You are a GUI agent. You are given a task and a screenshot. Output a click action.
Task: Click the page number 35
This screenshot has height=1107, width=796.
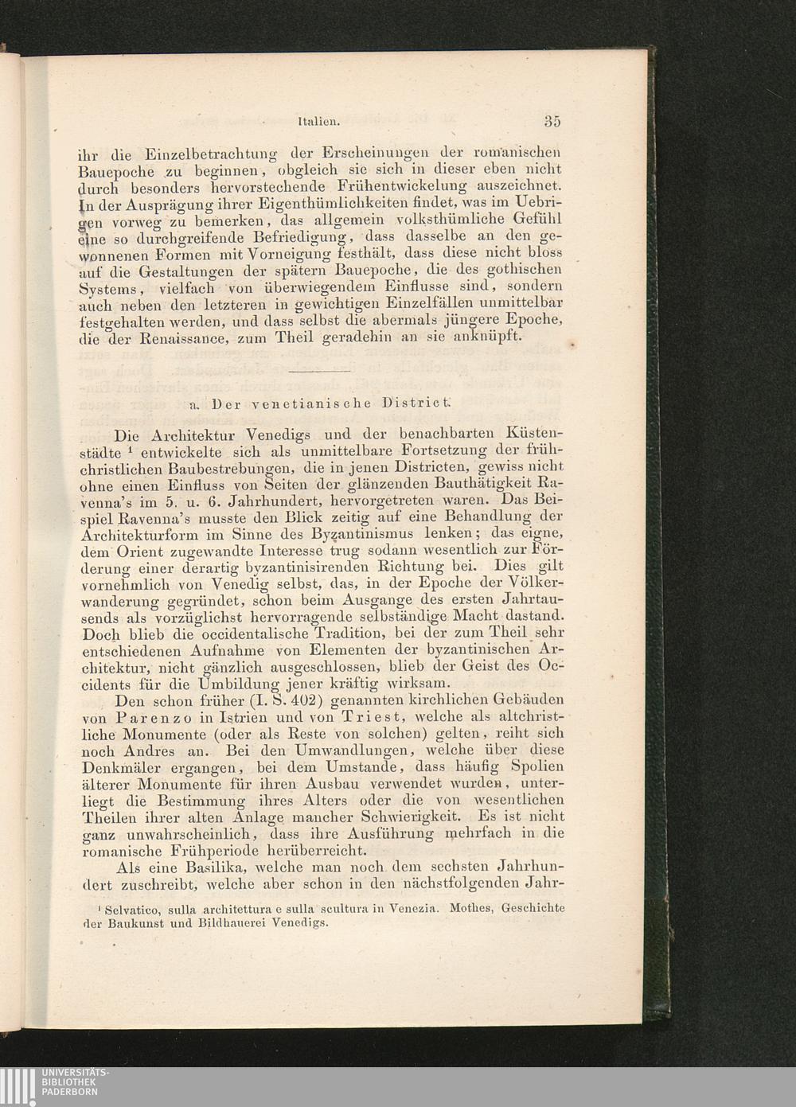coord(552,121)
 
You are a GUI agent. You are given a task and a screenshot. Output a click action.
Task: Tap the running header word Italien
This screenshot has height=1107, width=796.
coord(318,123)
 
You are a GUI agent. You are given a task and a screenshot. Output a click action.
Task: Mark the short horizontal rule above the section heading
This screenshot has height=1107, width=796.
coord(319,371)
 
